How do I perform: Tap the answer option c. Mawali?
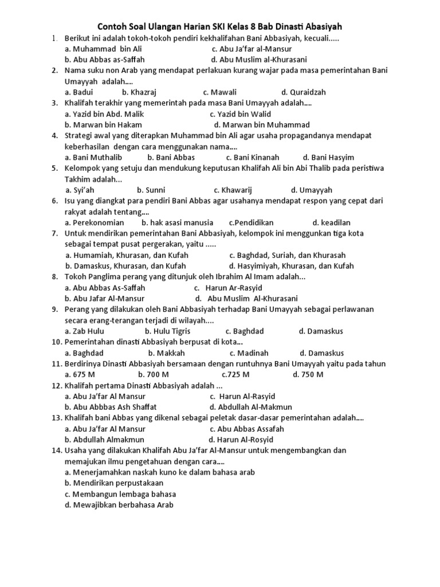pyautogui.click(x=219, y=92)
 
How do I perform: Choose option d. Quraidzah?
pyautogui.click(x=303, y=92)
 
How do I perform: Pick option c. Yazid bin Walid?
pyautogui.click(x=240, y=114)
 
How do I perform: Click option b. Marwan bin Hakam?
pyautogui.click(x=103, y=124)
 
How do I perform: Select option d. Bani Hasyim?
pyautogui.click(x=328, y=157)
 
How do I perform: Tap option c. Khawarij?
pyautogui.click(x=233, y=190)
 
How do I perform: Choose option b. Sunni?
pyautogui.click(x=151, y=190)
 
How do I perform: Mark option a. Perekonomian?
pyautogui.click(x=95, y=222)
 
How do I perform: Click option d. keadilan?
pyautogui.click(x=331, y=222)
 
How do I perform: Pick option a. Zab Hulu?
pyautogui.click(x=85, y=331)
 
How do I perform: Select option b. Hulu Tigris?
pyautogui.click(x=167, y=331)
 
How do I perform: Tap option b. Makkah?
pyautogui.click(x=166, y=353)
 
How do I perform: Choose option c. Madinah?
pyautogui.click(x=249, y=353)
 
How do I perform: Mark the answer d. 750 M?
pyautogui.click(x=308, y=374)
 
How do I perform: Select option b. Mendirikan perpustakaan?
pyautogui.click(x=114, y=483)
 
